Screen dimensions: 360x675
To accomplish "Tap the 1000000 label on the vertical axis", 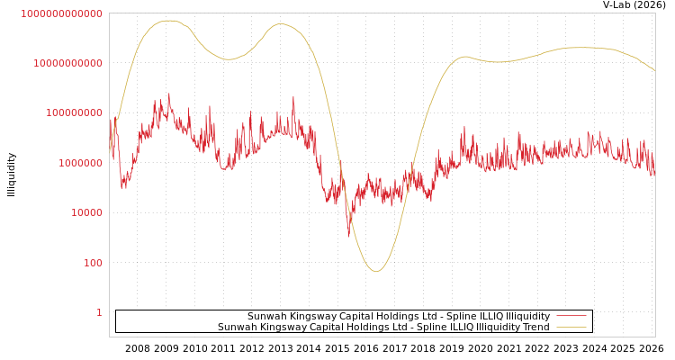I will tap(80, 163).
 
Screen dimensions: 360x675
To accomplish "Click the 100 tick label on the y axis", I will tap(93, 263).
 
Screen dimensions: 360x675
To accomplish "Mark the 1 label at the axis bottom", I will tap(99, 312).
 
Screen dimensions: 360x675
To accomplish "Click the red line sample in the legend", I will tap(571, 316).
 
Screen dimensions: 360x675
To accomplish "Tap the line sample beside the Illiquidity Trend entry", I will tap(571, 327).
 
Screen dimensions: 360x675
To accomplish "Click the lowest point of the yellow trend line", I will tap(376, 271).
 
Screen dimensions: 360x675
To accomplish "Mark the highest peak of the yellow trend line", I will tap(170, 20).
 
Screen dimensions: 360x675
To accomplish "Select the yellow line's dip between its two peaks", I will tap(229, 59).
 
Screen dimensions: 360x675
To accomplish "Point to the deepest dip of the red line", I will tap(349, 236).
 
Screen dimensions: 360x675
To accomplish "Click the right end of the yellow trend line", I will tap(654, 70).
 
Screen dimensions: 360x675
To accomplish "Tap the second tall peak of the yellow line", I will tap(280, 23).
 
